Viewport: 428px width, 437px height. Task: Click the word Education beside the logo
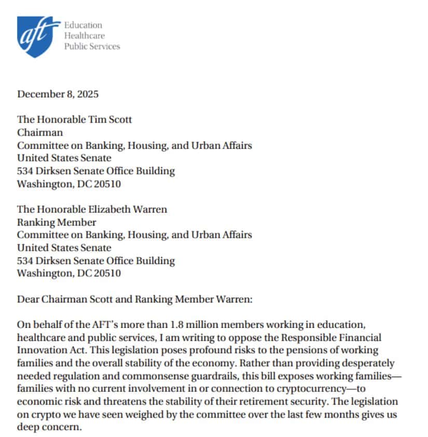coord(83,25)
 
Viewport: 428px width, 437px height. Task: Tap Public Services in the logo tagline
coord(92,46)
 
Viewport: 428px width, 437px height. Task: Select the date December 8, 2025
coord(58,94)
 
